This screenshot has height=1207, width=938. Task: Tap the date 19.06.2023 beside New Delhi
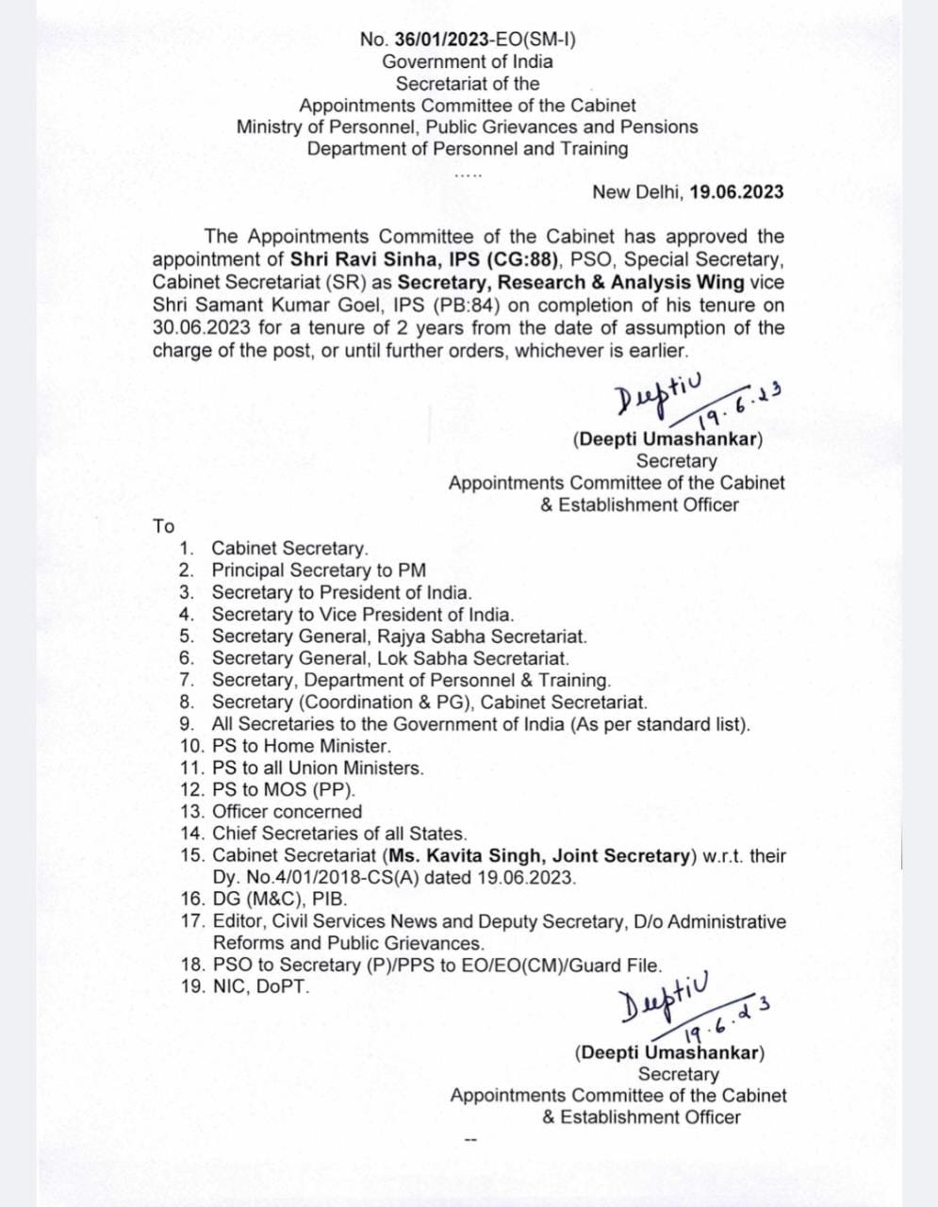[x=736, y=192]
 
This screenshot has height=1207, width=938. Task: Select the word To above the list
[x=164, y=526]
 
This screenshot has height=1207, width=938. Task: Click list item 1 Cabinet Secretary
[x=289, y=549]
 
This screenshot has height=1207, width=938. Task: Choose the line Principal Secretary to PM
[x=319, y=570]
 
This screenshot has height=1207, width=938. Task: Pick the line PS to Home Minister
[x=288, y=746]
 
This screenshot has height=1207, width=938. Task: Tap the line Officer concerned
[x=287, y=812]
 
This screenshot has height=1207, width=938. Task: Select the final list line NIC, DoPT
[x=261, y=987]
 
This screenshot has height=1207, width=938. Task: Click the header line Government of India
[x=468, y=62]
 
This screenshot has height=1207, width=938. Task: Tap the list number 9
[x=188, y=724]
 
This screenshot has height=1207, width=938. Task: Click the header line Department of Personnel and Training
[x=468, y=149]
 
